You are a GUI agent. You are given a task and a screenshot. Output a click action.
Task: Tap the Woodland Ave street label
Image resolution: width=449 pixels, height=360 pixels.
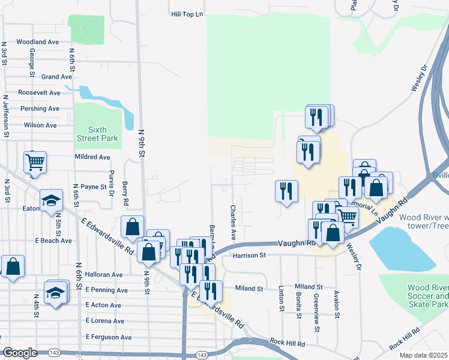click(x=38, y=42)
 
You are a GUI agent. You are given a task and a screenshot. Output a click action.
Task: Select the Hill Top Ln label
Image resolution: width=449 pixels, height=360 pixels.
click(x=187, y=13)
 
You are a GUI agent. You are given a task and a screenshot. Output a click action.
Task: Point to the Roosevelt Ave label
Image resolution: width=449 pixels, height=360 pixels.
click(x=40, y=93)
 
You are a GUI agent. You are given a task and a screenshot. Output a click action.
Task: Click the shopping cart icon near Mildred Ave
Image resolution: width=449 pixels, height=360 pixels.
click(x=35, y=161)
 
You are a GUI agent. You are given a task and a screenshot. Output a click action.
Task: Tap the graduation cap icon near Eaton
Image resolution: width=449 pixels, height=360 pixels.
click(x=52, y=200)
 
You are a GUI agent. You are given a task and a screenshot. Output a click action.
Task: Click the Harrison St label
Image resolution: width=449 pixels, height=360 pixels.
click(x=249, y=256)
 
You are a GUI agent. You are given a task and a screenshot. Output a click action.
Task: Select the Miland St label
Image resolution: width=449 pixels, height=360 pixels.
click(x=249, y=289)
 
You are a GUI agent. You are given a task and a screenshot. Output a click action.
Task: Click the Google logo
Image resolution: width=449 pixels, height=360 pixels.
click(x=20, y=353)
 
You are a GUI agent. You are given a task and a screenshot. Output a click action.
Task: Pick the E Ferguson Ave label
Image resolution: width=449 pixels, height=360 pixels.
click(x=109, y=337)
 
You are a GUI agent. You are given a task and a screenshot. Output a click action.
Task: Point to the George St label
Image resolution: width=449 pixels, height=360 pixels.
click(x=31, y=58)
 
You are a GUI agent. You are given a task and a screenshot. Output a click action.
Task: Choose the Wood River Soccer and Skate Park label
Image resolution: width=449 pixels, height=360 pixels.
click(x=427, y=296)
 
